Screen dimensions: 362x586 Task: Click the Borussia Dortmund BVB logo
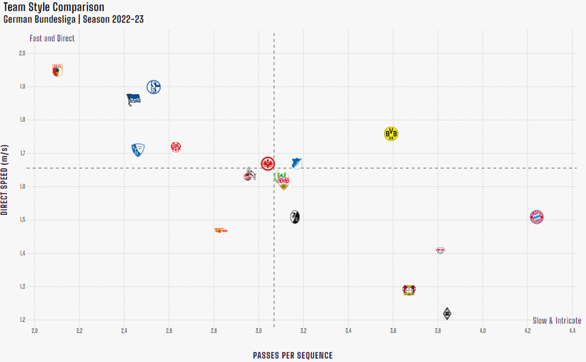[x=391, y=134]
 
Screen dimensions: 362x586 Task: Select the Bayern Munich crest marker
[x=537, y=217]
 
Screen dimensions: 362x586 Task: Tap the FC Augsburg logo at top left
[x=57, y=70]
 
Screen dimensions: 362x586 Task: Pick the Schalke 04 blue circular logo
[x=154, y=87]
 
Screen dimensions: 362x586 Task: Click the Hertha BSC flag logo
[x=133, y=98]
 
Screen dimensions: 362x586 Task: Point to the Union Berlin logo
[x=221, y=230]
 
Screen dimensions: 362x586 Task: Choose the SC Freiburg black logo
[x=295, y=217]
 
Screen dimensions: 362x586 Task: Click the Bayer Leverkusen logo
[x=409, y=290]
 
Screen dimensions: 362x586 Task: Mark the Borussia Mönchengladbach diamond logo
[x=446, y=313]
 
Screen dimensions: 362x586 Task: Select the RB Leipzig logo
[x=440, y=250]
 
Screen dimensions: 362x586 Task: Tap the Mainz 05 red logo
[x=176, y=147]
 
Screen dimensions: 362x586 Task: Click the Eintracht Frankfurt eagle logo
[x=267, y=163]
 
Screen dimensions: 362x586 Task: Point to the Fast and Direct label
[x=52, y=39]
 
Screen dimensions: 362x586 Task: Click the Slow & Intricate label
[x=557, y=320]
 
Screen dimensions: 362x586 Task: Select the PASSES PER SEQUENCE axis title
[x=292, y=355]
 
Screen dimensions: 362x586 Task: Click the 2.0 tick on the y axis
[x=22, y=54]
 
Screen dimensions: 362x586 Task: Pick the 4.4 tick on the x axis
[x=572, y=330]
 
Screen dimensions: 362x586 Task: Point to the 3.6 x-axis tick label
[x=393, y=330]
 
